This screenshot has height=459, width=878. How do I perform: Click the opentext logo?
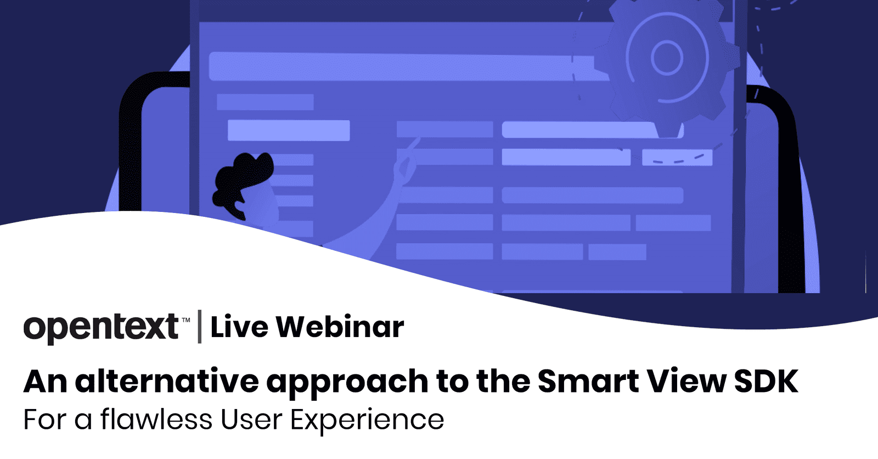coord(101,327)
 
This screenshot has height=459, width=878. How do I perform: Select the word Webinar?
coord(340,327)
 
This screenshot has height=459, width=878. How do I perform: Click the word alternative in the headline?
coord(167,381)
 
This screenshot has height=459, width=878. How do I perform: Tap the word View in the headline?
coord(686,381)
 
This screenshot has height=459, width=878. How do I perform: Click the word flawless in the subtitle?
coord(156,420)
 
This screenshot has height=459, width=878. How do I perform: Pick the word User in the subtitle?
coord(251,420)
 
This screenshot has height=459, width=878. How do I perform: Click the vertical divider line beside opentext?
coord(200,327)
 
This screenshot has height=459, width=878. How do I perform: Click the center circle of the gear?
coord(667,57)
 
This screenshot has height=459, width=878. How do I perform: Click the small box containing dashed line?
coord(677,158)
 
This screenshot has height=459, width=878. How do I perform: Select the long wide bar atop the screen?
coord(406,66)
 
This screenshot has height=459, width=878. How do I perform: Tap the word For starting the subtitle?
coord(44,420)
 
